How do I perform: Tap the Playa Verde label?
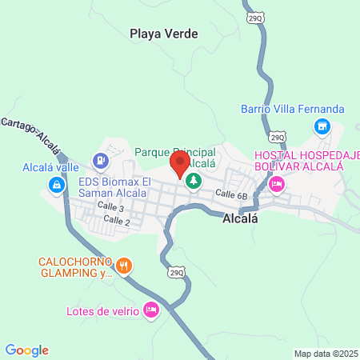163,34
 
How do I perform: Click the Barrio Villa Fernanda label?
293,109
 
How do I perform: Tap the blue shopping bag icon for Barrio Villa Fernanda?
322,126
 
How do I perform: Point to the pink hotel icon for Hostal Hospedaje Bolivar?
276,185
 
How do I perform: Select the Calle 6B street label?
230,194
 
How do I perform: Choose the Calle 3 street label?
110,206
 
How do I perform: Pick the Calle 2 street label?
117,220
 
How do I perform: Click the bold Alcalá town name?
240,216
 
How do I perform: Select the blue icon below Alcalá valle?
56,186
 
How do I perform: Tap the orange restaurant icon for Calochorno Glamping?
123,266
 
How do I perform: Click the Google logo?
27,350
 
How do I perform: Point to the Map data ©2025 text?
326,354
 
